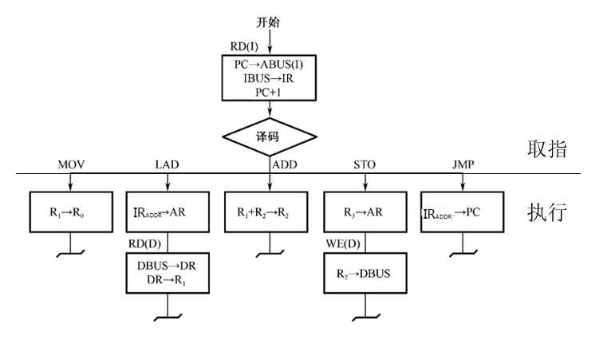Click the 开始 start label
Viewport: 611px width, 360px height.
[268, 22]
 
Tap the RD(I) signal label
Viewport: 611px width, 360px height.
[243, 47]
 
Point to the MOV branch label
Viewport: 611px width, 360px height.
[71, 165]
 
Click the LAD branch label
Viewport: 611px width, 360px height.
[167, 165]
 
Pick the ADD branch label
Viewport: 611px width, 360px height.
[285, 165]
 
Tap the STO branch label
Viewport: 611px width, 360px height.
[365, 165]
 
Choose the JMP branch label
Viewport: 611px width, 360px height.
[463, 165]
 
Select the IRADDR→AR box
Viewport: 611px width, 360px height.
[167, 213]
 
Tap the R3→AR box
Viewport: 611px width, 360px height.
[365, 213]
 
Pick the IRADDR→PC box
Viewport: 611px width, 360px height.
[463, 213]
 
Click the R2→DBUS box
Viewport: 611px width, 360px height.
[365, 273]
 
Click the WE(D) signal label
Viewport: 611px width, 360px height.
[342, 242]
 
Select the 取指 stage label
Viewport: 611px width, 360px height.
[547, 149]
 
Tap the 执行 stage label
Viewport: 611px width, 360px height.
[547, 213]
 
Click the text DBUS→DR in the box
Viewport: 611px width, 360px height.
[167, 265]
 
